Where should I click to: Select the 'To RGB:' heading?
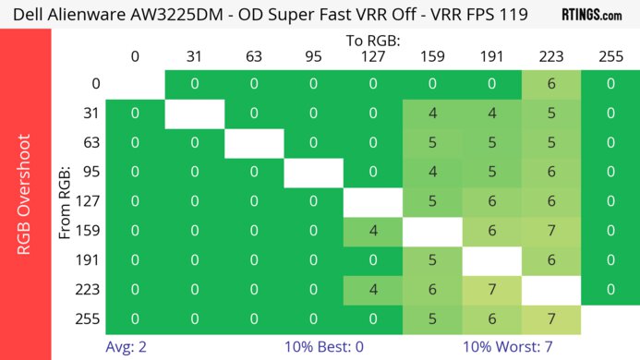tap(372, 41)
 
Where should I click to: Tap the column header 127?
tap(372, 56)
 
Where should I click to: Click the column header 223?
tap(550, 56)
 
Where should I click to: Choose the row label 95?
tap(91, 172)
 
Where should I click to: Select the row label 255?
tap(91, 319)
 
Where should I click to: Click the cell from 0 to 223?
tap(550, 84)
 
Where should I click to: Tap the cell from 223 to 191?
tap(491, 290)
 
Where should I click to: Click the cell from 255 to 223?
tap(550, 319)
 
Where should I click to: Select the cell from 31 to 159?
tap(432, 114)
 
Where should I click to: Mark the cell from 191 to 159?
tap(432, 260)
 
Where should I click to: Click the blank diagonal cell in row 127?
tap(372, 201)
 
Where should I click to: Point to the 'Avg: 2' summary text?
tap(127, 348)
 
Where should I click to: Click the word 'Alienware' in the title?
tap(105, 15)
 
